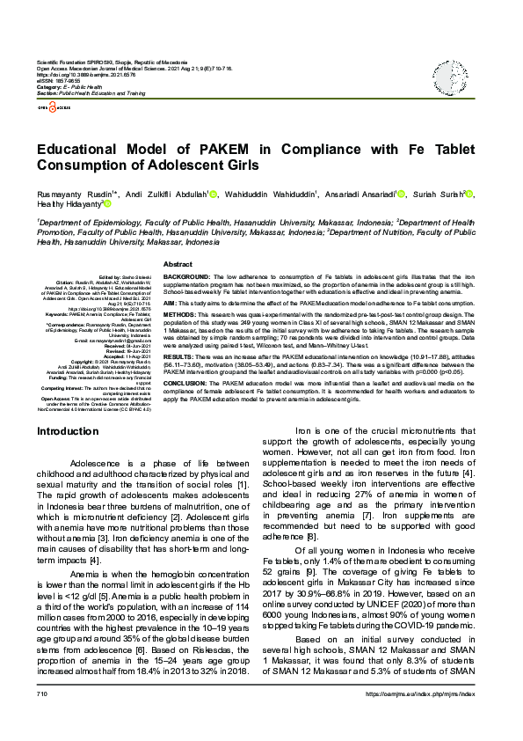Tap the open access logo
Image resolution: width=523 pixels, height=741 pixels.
[51, 106]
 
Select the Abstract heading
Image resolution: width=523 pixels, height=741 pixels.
[178, 264]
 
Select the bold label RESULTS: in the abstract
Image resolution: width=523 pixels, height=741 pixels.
[180, 356]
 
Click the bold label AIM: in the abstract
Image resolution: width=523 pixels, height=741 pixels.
[171, 301]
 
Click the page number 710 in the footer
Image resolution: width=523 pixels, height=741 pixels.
[42, 719]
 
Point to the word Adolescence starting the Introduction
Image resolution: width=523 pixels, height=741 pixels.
[103, 463]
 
